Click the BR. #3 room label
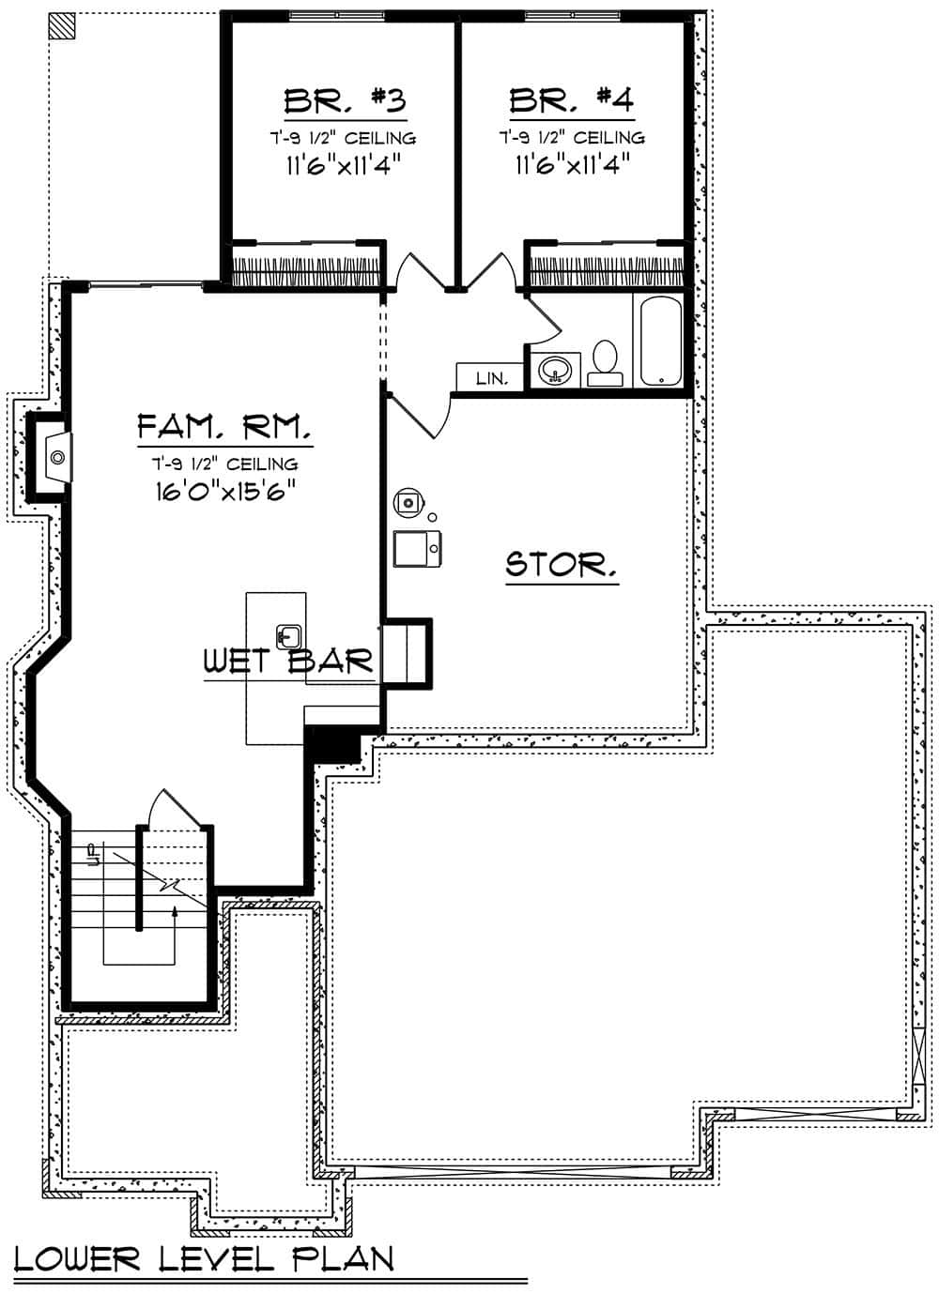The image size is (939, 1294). tap(345, 100)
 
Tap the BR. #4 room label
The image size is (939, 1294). tap(571, 100)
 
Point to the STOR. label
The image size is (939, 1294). tap(562, 565)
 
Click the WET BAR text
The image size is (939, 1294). tap(289, 662)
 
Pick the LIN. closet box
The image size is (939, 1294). tap(492, 378)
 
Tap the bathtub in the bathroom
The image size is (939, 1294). tap(662, 341)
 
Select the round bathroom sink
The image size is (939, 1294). tap(555, 370)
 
